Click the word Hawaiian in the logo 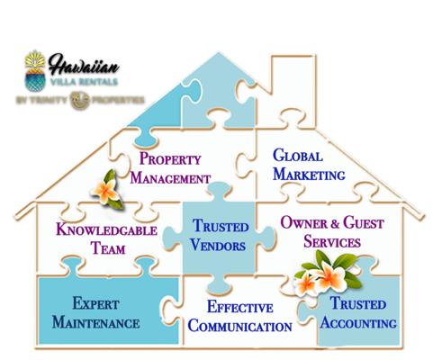coord(84,64)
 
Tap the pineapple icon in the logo coord(35,70)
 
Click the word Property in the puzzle coord(170,158)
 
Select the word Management coord(170,178)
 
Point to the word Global coord(298,156)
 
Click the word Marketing coord(309,174)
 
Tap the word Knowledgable coord(106,229)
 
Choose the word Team coord(108,248)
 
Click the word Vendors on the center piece coord(218,245)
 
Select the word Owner coord(304,222)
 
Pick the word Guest coord(364,222)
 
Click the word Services coord(332,241)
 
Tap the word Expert coord(95,303)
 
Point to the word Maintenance coord(95,322)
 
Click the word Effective coord(240,307)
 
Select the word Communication coord(240,326)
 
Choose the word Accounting coord(358,323)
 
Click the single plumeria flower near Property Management coord(107,190)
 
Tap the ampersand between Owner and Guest coord(336,223)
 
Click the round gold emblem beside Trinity coord(80,100)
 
